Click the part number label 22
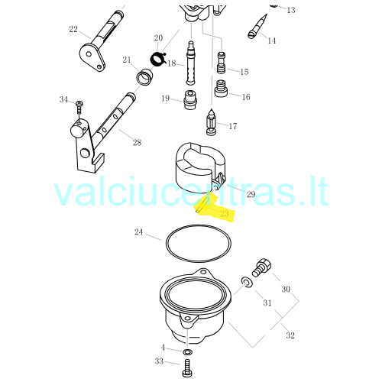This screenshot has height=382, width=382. (x=73, y=29)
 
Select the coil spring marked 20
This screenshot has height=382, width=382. (x=157, y=59)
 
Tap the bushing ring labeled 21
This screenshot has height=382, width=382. (x=144, y=77)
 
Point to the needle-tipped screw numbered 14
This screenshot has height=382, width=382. (x=257, y=27)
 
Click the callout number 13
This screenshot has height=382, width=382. (x=291, y=10)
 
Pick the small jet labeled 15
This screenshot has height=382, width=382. (x=221, y=63)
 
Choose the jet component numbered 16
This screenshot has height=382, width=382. (x=221, y=89)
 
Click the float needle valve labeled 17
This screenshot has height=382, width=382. (x=211, y=122)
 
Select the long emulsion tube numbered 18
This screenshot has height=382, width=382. (x=190, y=63)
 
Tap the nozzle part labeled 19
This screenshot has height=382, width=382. (x=190, y=100)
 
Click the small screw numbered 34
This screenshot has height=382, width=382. (x=79, y=108)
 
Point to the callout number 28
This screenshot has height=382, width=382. (x=137, y=143)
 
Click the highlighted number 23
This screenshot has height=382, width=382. (x=225, y=213)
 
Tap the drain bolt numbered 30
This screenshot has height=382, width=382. (x=261, y=267)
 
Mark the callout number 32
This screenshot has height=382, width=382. (x=290, y=335)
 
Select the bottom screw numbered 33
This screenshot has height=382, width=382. (x=187, y=368)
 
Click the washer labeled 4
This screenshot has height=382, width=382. (x=188, y=352)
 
